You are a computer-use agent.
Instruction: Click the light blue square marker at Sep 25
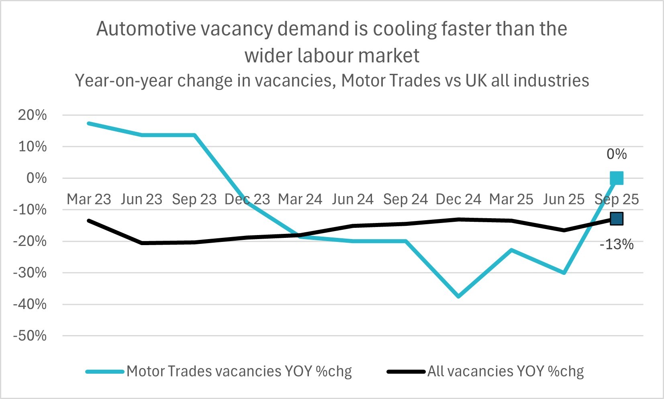(x=617, y=178)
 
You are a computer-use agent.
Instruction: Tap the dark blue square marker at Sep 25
(x=617, y=219)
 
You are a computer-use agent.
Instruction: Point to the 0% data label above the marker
(x=617, y=154)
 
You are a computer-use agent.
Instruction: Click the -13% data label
(x=617, y=244)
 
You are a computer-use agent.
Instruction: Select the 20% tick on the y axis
(x=32, y=115)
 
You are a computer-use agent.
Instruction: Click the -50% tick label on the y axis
(x=30, y=336)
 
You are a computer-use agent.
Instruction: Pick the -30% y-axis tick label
(x=30, y=273)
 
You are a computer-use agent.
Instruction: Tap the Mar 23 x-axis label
(x=89, y=199)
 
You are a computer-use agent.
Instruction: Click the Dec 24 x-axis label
(x=458, y=199)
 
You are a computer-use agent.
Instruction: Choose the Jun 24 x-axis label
(x=353, y=199)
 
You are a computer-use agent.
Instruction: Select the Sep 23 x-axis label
(x=194, y=199)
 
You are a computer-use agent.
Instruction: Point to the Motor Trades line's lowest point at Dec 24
(x=458, y=297)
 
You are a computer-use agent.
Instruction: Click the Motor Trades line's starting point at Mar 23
(x=89, y=123)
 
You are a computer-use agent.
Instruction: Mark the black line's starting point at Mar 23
(x=89, y=221)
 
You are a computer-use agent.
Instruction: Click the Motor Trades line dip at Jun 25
(x=564, y=273)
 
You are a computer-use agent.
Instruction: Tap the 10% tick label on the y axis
(x=32, y=147)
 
